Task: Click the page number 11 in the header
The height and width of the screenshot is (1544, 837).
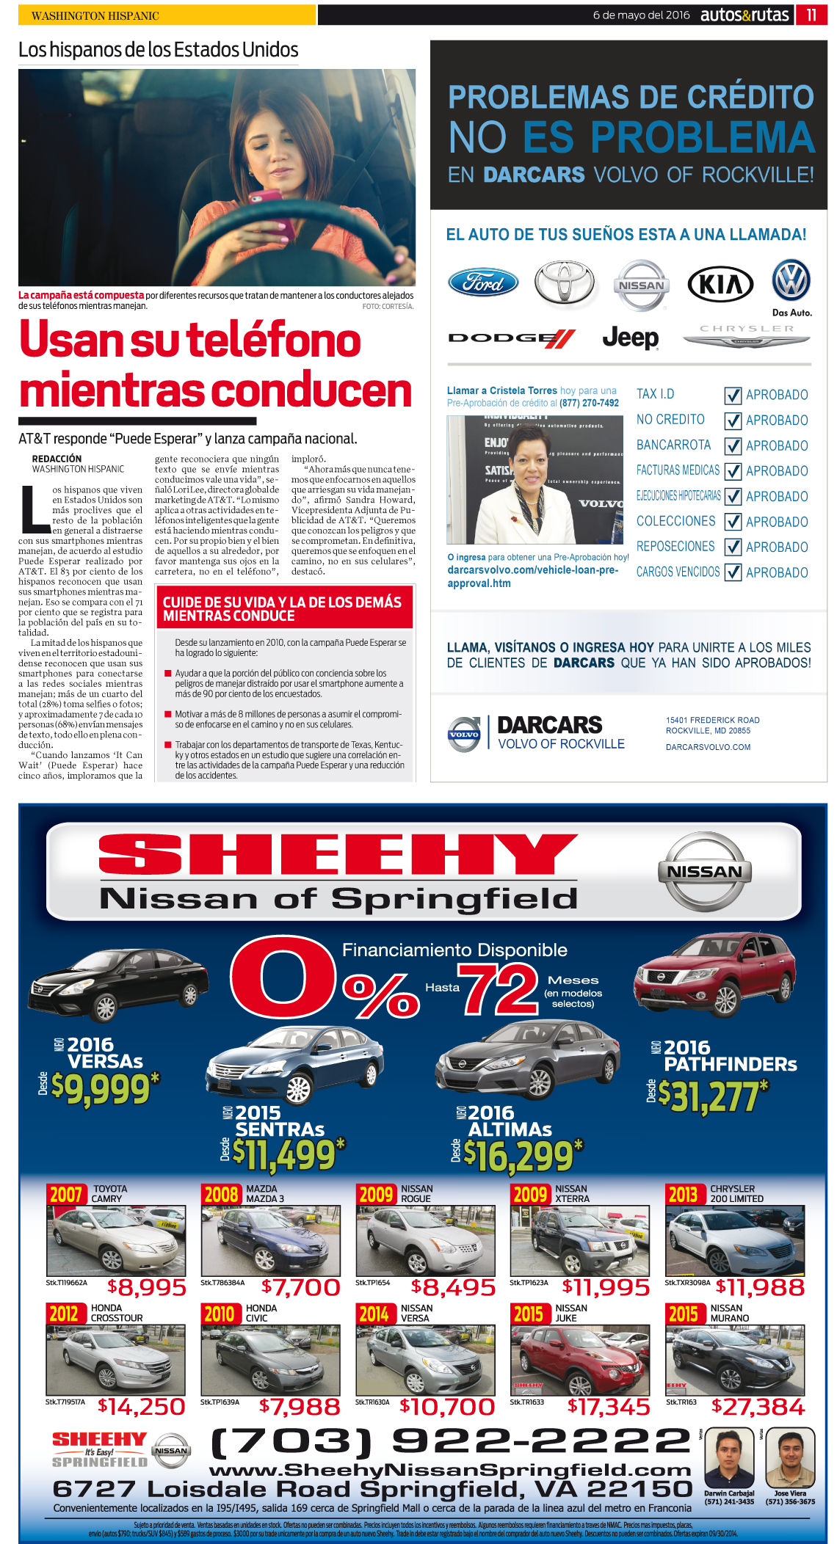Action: (811, 15)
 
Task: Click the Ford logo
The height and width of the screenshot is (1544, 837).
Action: (483, 283)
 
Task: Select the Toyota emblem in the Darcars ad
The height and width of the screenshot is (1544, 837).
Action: (564, 283)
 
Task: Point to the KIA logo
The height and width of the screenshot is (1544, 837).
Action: (720, 284)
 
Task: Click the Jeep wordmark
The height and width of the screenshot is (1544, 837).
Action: (630, 338)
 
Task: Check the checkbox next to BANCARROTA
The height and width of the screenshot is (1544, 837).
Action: (733, 446)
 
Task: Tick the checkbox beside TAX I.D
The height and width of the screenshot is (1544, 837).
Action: (733, 396)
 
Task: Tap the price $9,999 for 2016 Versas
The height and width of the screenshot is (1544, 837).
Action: (101, 1090)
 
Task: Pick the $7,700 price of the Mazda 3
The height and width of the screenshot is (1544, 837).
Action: (301, 1287)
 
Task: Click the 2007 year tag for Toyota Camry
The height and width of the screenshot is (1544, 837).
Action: (65, 1195)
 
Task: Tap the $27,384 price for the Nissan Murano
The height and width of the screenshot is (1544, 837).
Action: (758, 1407)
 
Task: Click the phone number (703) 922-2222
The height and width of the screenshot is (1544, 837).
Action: (451, 1441)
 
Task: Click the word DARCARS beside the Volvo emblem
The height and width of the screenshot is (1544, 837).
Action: (549, 725)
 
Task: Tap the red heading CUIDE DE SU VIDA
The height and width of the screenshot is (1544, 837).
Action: (283, 608)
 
